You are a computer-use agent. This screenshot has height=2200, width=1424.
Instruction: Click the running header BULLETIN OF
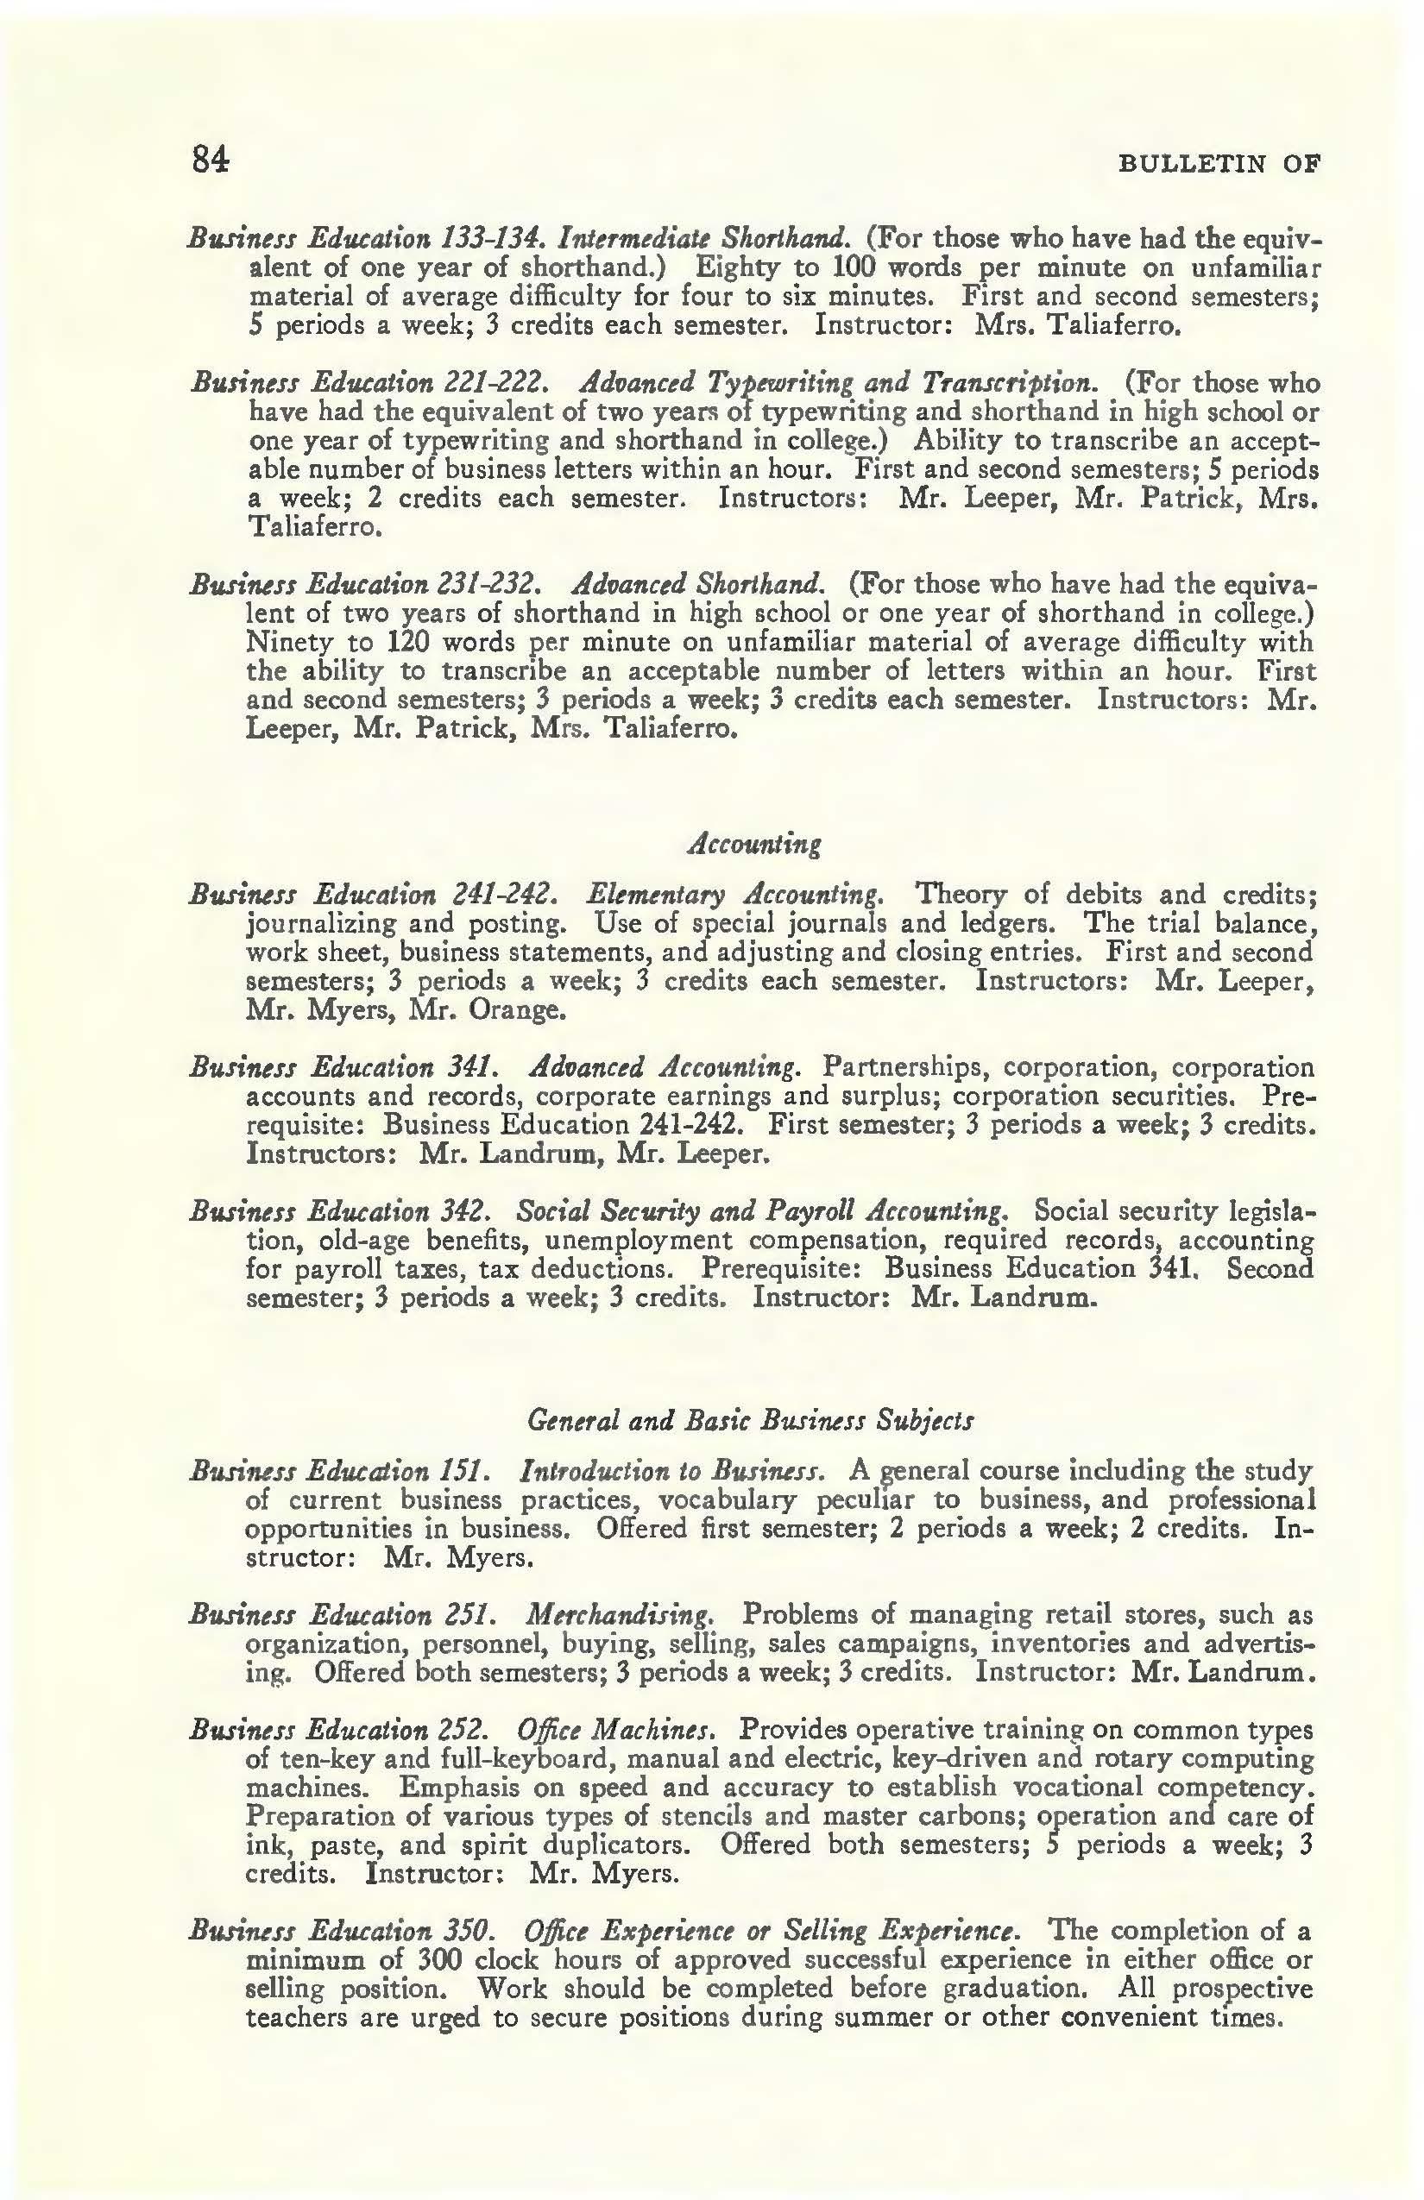click(x=1219, y=165)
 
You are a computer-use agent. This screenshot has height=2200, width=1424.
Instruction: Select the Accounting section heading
click(x=754, y=844)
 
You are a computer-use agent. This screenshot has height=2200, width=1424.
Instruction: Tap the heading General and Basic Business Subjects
click(x=750, y=1419)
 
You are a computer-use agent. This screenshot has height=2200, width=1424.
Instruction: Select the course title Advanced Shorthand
click(x=697, y=584)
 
